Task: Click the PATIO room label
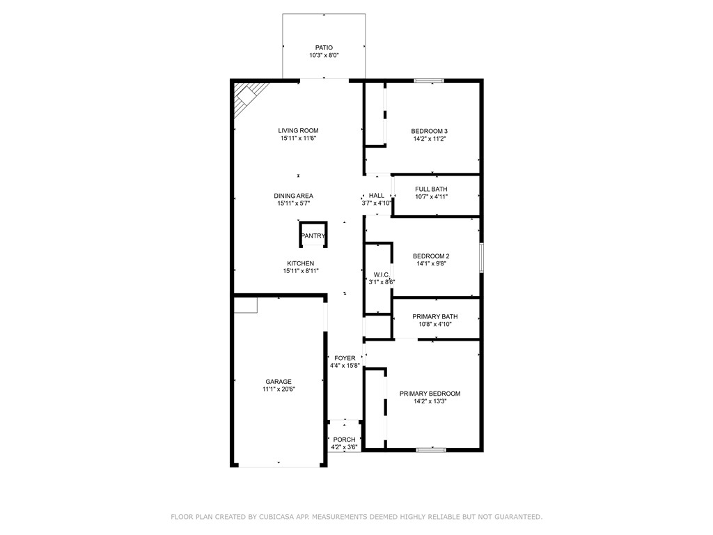coord(324,47)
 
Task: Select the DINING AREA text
coord(293,196)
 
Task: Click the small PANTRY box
coord(313,235)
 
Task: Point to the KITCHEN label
coord(300,263)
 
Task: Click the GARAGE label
coord(278,382)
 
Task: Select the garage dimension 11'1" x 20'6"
coord(278,390)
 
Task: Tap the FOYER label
coord(345,358)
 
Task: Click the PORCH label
coord(344,440)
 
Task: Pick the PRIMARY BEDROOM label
coord(430,394)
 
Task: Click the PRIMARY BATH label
coord(434,316)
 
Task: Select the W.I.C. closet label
coord(381,274)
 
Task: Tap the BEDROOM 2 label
coord(431,256)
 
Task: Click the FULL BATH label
coord(431,189)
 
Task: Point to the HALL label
coord(377,196)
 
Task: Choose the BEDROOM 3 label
coord(429,131)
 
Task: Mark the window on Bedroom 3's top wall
coord(429,81)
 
